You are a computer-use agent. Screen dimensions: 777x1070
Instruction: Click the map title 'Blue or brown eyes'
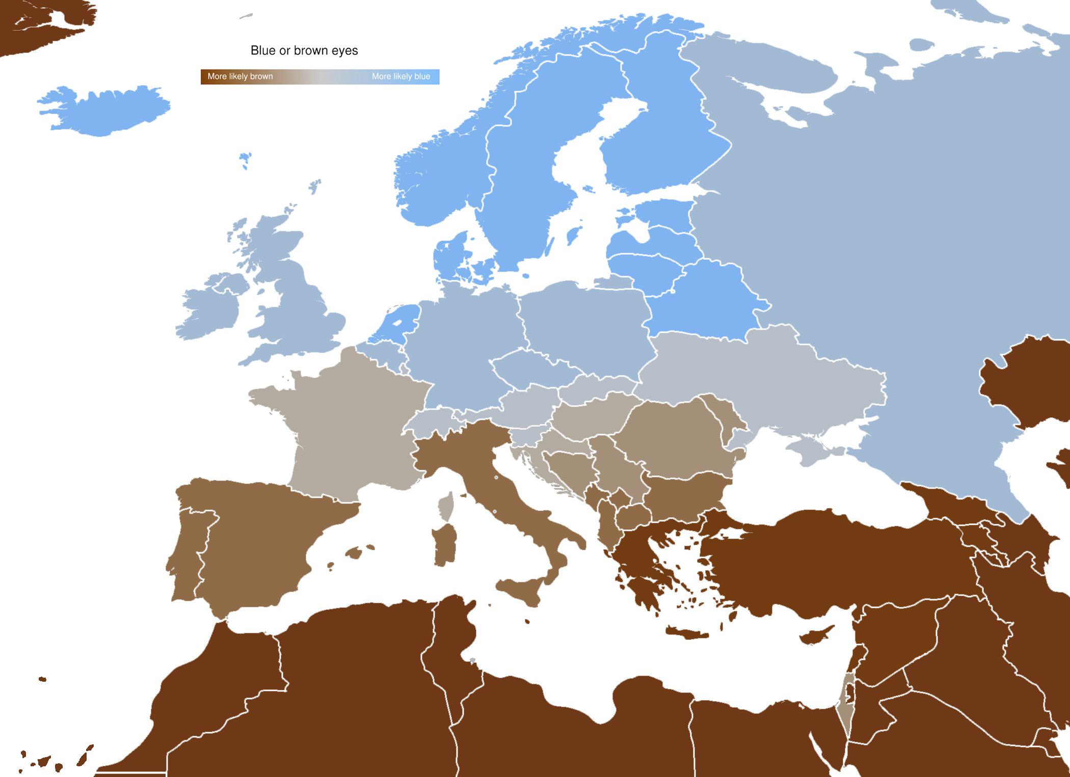pos(304,50)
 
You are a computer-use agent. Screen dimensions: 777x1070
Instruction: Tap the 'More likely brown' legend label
pos(240,76)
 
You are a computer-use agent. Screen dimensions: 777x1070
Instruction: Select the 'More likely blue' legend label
pos(400,76)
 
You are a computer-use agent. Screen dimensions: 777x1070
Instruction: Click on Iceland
pos(102,110)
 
